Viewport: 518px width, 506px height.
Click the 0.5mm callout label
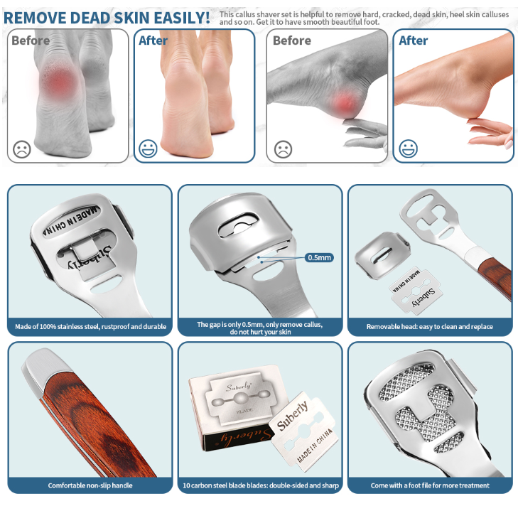point(319,257)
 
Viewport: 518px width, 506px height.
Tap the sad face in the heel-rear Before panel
point(22,149)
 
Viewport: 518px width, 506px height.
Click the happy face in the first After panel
point(148,149)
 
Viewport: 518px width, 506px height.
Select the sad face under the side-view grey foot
point(283,149)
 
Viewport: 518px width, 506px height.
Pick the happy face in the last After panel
point(409,149)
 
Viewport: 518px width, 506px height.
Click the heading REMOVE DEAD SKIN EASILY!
point(107,18)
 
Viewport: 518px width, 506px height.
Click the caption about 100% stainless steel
point(90,326)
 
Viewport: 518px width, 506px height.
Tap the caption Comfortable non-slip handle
point(90,485)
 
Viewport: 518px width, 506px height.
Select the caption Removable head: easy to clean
point(429,326)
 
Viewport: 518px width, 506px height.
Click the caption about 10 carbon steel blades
point(261,485)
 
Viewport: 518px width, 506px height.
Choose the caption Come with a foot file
point(430,485)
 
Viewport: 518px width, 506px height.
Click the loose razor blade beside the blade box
point(304,430)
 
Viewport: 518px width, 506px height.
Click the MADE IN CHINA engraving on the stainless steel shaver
point(70,220)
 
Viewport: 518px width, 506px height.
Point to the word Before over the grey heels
point(31,41)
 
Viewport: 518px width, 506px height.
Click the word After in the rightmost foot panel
point(414,41)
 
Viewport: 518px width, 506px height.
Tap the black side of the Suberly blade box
point(236,438)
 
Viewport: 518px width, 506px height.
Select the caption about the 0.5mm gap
point(260,328)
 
